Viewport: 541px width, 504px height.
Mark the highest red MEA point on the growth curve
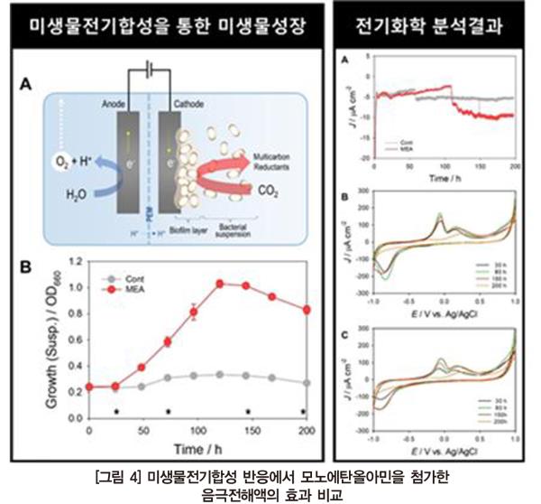pos(218,284)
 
